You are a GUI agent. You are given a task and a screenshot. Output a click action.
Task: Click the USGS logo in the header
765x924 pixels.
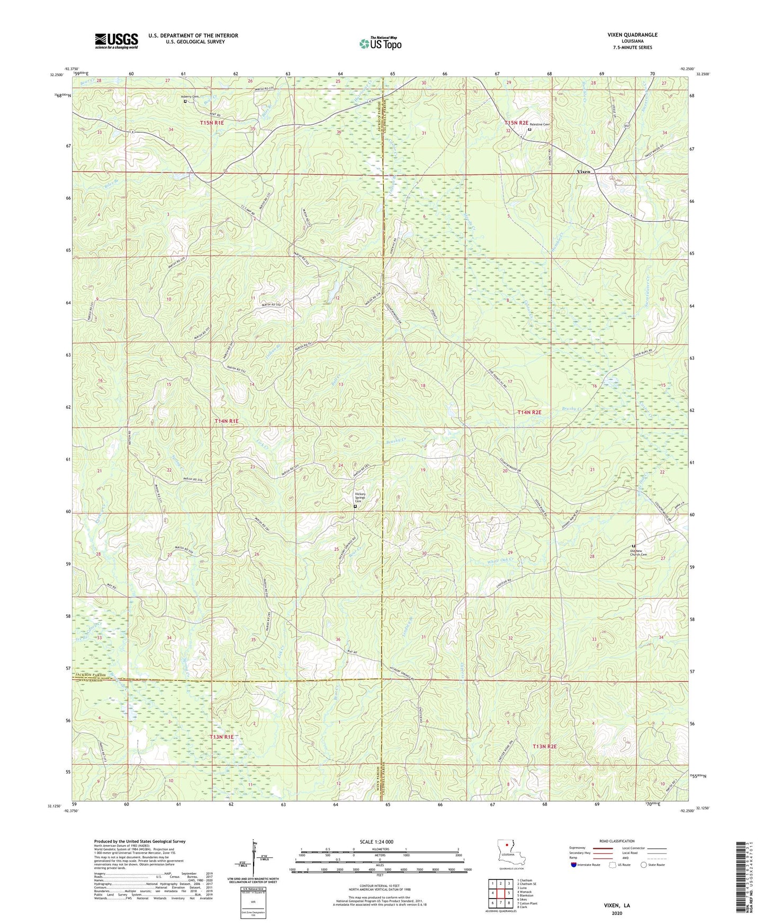pyautogui.click(x=116, y=41)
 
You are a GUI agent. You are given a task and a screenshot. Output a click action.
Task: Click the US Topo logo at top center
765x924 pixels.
pyautogui.click(x=380, y=43)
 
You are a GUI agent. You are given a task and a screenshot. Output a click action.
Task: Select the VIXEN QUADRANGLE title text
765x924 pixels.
pyautogui.click(x=632, y=35)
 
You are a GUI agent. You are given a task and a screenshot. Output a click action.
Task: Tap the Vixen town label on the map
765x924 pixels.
pyautogui.click(x=583, y=172)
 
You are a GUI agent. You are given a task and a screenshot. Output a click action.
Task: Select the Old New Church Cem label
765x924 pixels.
pyautogui.click(x=638, y=552)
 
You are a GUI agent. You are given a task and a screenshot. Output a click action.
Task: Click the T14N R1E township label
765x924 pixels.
pyautogui.click(x=227, y=421)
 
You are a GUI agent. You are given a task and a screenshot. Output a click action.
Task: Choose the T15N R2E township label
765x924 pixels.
pyautogui.click(x=517, y=123)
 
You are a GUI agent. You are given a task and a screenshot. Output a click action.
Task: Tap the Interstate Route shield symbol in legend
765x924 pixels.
pyautogui.click(x=574, y=865)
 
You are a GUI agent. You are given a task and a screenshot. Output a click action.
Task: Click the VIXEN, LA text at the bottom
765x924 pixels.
pyautogui.click(x=617, y=905)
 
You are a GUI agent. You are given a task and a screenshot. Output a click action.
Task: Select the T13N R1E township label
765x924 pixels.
pyautogui.click(x=221, y=737)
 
